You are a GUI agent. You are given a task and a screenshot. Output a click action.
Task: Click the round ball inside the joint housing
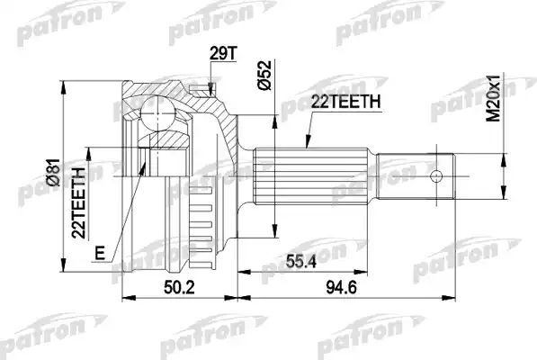click(x=163, y=114)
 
